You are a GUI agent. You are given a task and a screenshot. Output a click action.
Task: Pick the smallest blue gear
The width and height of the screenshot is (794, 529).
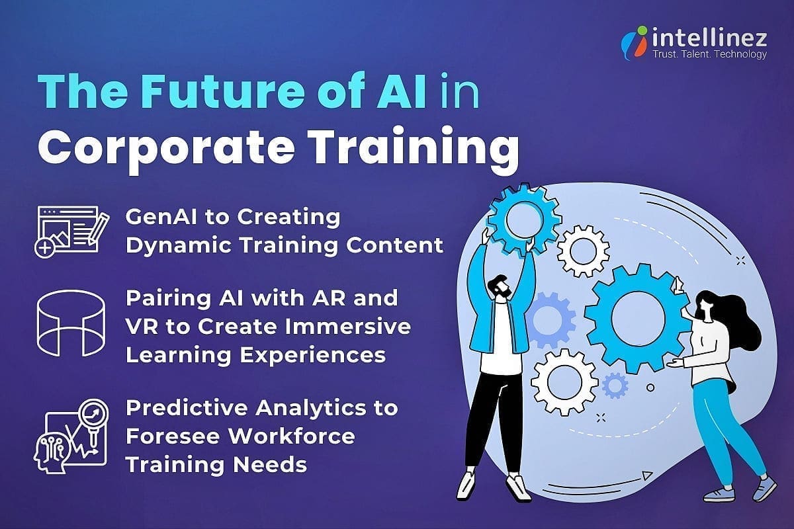coord(615,384)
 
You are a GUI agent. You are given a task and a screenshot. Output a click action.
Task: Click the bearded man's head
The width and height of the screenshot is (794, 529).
coord(500,288)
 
